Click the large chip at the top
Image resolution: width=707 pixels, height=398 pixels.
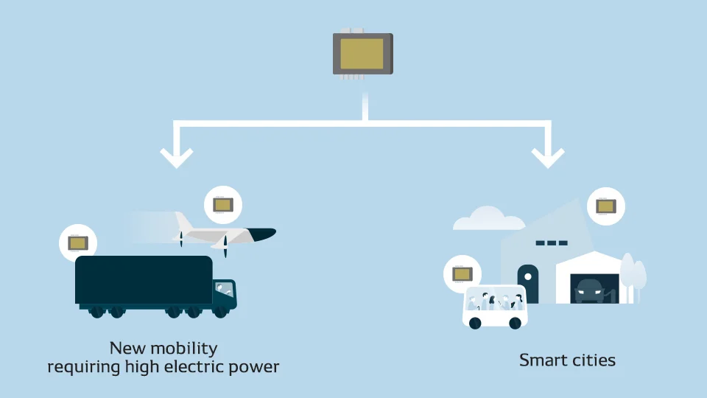coord(363,54)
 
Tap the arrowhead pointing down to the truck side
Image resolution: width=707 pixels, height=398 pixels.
coord(177,158)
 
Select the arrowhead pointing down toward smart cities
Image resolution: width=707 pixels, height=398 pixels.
coord(548,158)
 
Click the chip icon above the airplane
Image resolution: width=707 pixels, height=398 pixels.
coord(223,205)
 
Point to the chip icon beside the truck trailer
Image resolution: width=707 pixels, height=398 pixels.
coord(78,243)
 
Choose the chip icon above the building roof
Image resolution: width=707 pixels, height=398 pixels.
coord(606,206)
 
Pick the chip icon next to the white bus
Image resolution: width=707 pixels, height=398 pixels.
coord(462,274)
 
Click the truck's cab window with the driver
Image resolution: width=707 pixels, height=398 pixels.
coord(224,289)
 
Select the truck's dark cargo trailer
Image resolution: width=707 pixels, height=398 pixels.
coord(144,280)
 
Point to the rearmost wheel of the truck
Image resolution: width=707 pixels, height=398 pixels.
coord(97,311)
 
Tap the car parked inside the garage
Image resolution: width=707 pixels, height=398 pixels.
coord(589,291)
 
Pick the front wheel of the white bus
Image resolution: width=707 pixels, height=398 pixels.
coord(516,323)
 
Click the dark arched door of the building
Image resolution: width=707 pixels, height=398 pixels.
coord(528,284)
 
